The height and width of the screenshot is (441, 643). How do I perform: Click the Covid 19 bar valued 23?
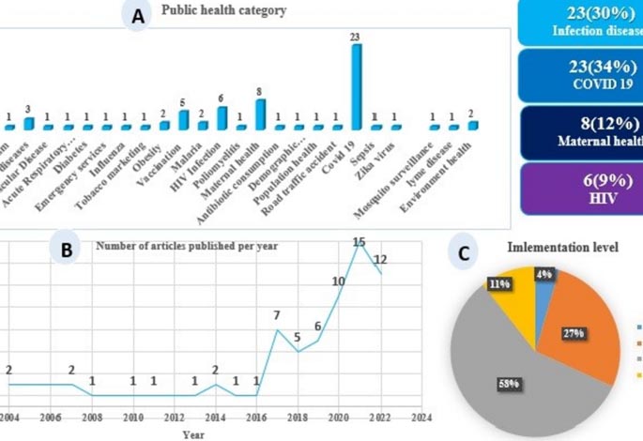(356, 86)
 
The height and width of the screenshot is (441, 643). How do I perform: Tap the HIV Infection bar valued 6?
(222, 118)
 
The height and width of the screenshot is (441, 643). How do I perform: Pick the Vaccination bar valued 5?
(184, 120)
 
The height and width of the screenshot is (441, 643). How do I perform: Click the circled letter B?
(67, 250)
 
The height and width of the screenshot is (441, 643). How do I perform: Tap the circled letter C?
(463, 252)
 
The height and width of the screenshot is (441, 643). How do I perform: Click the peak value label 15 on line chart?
(359, 242)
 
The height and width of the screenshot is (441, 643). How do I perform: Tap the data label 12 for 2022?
(381, 259)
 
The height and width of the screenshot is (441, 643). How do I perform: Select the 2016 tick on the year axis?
(255, 416)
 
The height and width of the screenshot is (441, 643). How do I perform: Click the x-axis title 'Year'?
(193, 433)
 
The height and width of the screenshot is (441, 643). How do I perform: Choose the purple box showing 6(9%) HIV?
(580, 184)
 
